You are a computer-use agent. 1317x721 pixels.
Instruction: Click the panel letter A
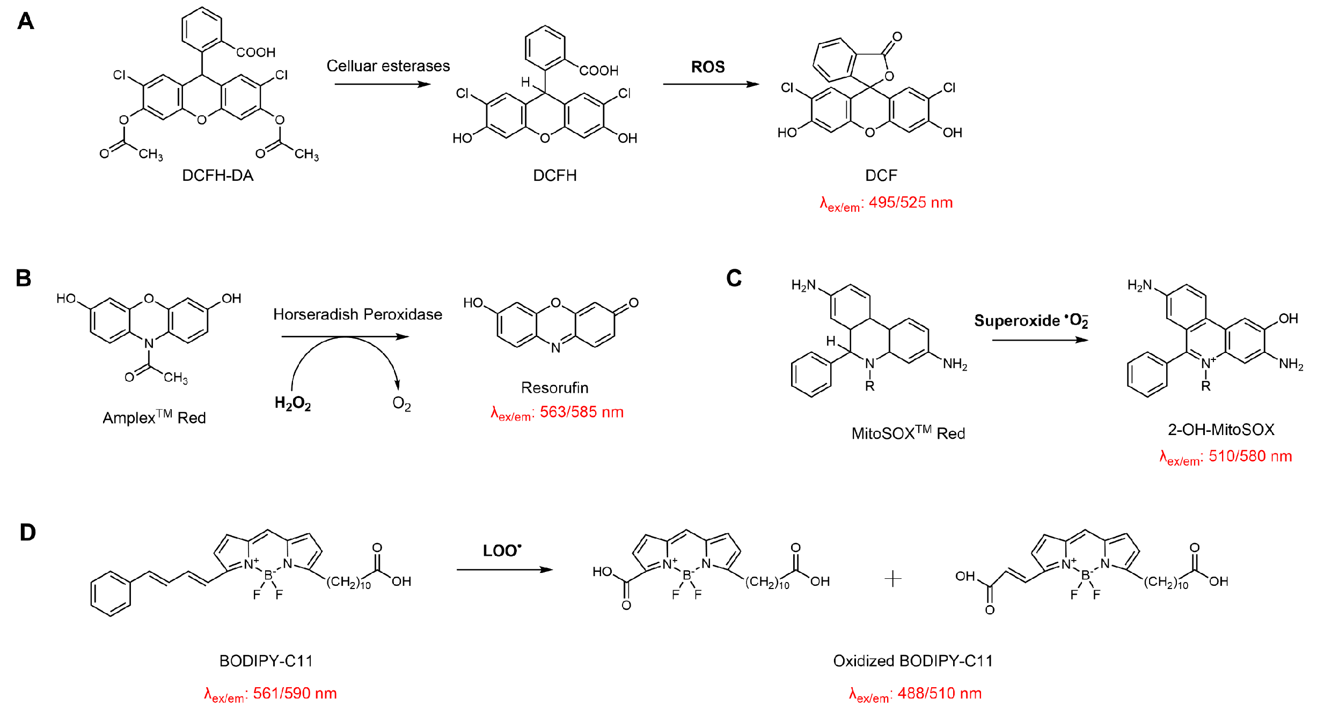[x=25, y=21]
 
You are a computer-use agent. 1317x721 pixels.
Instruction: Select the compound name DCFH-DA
[x=217, y=175]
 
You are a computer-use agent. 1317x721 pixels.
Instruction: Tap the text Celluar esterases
[x=388, y=66]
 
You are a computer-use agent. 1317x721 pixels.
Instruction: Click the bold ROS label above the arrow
[x=707, y=67]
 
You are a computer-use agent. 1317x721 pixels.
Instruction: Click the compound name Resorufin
[x=554, y=387]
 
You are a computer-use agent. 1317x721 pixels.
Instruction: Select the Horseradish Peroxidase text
[x=357, y=314]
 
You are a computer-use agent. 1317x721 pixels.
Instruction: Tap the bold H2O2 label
[x=292, y=403]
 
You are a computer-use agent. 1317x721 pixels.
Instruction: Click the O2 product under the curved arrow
[x=401, y=403]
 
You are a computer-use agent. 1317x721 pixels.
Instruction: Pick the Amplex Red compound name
[x=154, y=417]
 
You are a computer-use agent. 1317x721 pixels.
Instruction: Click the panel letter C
[x=734, y=278]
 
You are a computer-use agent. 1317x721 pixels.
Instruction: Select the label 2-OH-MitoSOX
[x=1221, y=429]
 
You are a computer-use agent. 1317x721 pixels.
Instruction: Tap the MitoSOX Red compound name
[x=908, y=433]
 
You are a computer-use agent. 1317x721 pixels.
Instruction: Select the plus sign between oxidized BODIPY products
[x=892, y=578]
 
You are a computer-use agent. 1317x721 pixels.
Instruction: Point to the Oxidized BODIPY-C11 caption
[x=912, y=661]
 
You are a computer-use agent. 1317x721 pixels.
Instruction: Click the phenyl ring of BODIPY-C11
[x=111, y=593]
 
